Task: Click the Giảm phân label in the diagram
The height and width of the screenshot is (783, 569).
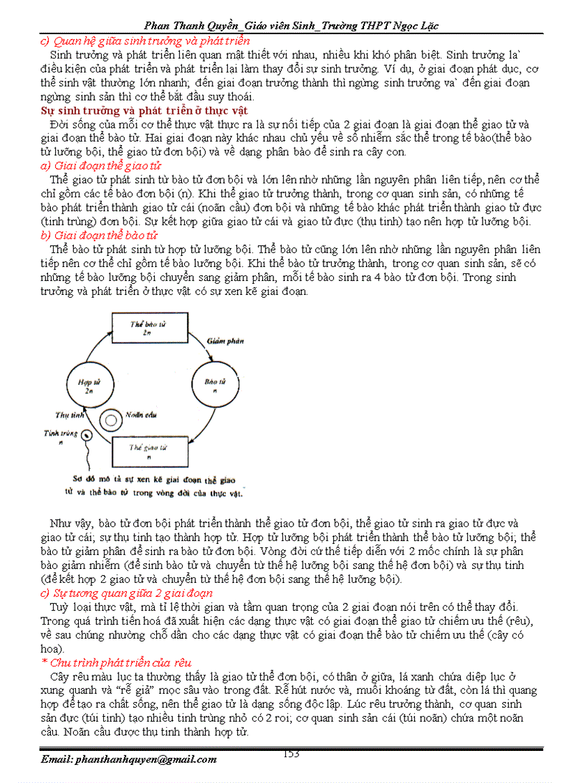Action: [x=224, y=341]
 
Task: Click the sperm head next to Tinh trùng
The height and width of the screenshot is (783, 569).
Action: [x=86, y=438]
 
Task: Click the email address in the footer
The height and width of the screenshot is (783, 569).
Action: [x=128, y=759]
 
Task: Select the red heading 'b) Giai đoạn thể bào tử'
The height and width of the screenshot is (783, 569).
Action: [x=99, y=235]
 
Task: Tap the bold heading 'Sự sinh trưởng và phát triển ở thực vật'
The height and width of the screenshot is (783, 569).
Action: [x=144, y=110]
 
